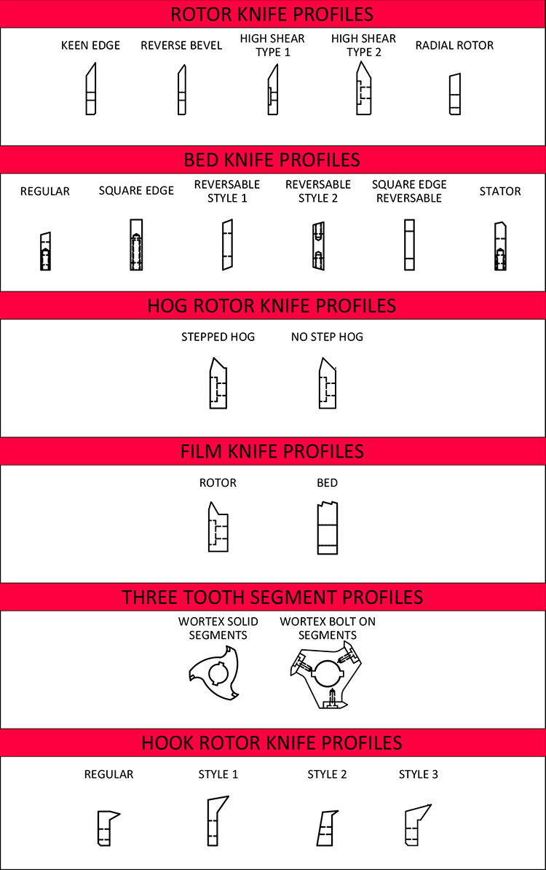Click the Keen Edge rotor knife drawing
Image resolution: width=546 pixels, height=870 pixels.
91,90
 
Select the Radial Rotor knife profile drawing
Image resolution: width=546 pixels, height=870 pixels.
454,94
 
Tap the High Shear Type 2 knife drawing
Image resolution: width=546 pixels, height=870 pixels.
363,88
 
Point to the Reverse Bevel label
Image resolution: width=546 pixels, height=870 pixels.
181,45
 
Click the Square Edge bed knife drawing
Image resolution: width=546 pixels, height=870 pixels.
136,245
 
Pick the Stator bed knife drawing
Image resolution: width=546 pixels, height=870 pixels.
501,246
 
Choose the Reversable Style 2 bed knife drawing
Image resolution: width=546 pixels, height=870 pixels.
318,246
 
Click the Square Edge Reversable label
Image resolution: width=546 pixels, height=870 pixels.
409,192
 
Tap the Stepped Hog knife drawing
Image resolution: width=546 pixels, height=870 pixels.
218,383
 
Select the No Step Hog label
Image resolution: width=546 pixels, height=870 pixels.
327,337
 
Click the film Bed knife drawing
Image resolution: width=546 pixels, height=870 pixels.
328,528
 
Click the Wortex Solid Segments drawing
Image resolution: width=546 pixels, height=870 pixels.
217,673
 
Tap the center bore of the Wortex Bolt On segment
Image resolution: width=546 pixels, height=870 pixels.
328,673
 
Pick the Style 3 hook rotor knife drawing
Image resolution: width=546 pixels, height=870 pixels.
417,825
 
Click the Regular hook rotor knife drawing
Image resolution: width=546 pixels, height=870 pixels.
108,828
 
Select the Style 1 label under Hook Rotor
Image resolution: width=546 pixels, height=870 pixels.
218,774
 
